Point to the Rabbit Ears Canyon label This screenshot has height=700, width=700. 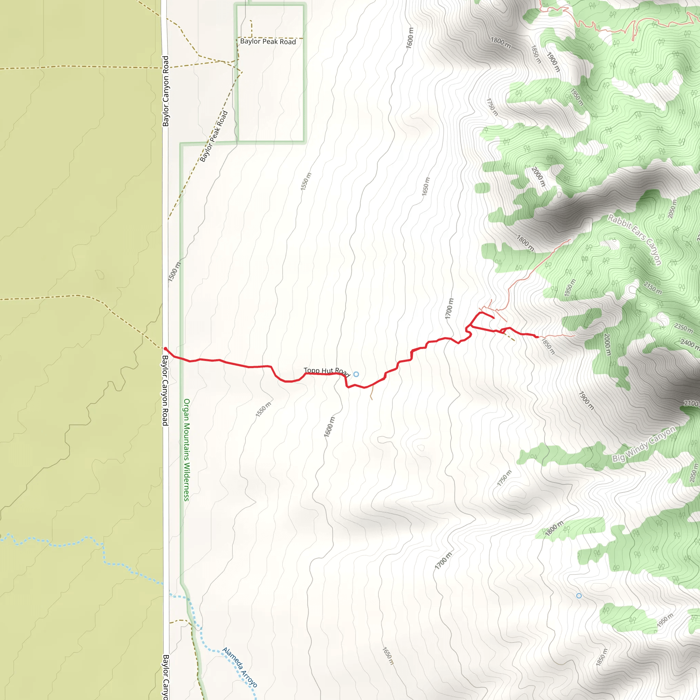point(635,240)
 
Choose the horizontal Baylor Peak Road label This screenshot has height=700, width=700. point(268,42)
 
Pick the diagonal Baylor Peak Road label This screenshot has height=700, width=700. point(214,136)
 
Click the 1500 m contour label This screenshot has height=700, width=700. point(174,272)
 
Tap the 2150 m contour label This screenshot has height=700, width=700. point(652,288)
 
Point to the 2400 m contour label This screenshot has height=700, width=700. point(689,343)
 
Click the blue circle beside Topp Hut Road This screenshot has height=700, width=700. point(356,374)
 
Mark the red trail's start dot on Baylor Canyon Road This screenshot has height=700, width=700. point(165,349)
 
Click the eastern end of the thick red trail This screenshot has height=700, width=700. point(537,337)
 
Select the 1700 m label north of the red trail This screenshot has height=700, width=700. point(449,309)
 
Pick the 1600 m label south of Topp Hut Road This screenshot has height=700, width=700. point(329,427)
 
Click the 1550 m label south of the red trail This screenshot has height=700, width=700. point(264,409)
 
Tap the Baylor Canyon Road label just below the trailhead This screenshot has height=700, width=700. point(165,391)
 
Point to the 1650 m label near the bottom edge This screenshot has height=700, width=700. point(388,656)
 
